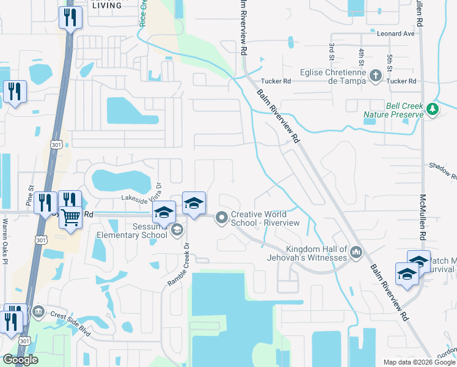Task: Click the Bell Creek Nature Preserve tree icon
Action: pos(433,109)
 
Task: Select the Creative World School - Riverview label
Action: pos(265,218)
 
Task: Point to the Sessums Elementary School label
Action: pos(132,230)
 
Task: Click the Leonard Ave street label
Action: pos(395,34)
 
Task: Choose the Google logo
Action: pos(20,360)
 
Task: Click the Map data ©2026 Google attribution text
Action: pos(419,362)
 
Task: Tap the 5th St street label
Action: pos(389,62)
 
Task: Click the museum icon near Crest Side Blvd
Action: pos(38,312)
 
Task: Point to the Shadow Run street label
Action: pos(443,169)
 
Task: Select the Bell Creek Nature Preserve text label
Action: pos(393,109)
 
